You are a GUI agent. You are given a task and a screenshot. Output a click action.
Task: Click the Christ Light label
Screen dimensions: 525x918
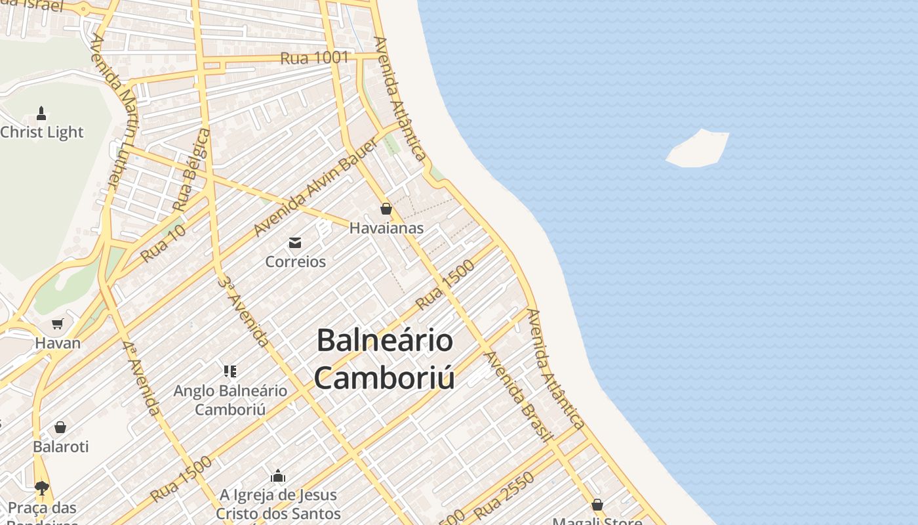tap(42, 132)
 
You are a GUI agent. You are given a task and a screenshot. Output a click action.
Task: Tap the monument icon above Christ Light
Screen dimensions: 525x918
tap(41, 113)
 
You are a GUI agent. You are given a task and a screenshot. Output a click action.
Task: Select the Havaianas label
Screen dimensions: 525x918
tap(386, 228)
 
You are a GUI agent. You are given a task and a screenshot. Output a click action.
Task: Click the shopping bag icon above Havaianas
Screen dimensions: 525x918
tap(386, 209)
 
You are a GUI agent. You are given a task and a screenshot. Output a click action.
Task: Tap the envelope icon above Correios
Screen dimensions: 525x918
tap(295, 243)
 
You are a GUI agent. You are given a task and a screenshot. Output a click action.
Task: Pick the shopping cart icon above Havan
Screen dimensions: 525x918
tap(58, 324)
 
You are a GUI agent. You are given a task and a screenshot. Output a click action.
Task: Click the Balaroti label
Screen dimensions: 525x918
tap(60, 446)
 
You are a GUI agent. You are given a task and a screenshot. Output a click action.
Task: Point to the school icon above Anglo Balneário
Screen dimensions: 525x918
tap(229, 371)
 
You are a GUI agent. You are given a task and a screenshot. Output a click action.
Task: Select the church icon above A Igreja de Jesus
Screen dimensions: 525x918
tap(278, 475)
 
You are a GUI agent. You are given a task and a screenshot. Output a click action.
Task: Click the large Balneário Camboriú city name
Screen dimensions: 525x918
tap(384, 359)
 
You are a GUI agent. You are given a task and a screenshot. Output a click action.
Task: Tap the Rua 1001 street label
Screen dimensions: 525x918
tap(314, 58)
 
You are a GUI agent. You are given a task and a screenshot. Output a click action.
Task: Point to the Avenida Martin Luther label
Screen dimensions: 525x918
tap(113, 112)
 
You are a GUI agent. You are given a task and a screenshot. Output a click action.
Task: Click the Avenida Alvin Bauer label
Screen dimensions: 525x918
tap(315, 188)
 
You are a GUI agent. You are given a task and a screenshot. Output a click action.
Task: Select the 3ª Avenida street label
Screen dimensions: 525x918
tap(243, 312)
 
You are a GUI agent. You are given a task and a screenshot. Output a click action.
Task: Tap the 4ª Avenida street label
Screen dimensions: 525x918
tap(141, 377)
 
